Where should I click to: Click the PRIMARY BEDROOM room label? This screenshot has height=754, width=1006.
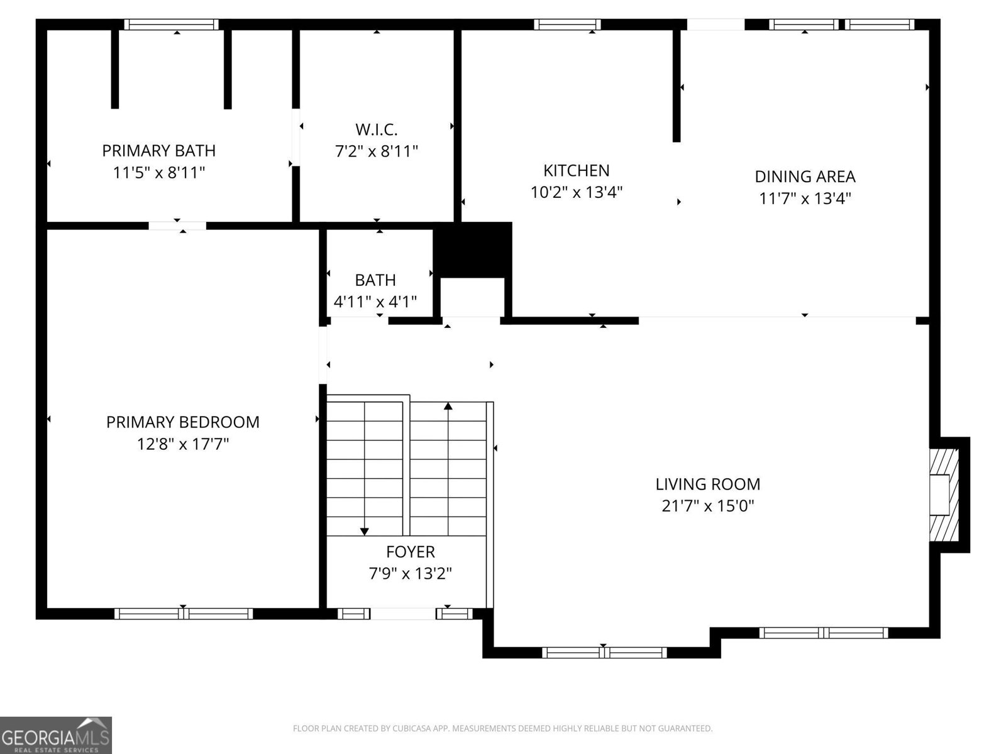[183, 422]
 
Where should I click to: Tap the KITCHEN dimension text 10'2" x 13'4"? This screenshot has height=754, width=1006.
[576, 192]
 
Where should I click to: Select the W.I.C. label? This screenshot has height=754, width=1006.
[376, 129]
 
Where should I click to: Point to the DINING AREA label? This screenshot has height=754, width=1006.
[805, 177]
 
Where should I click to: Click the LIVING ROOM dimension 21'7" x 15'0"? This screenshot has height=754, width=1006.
[707, 506]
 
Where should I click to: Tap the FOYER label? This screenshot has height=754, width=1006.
[410, 552]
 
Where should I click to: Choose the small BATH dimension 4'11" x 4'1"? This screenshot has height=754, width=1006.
[375, 302]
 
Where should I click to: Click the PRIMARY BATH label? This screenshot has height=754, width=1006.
[158, 151]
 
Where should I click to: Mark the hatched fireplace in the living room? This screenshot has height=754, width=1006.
[944, 495]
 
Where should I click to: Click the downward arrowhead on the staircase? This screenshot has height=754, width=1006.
[364, 531]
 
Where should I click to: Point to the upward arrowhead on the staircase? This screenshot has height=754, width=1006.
[448, 406]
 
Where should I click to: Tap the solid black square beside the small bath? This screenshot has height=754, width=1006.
[473, 250]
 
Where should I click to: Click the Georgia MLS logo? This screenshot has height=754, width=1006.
[56, 735]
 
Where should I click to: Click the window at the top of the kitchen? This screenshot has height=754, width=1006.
[567, 25]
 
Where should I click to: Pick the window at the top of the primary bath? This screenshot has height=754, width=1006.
[172, 25]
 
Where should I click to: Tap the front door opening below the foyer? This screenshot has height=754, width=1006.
[403, 613]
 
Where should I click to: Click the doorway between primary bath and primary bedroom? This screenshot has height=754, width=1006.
[177, 226]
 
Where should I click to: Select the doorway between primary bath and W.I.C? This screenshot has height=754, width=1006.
[296, 138]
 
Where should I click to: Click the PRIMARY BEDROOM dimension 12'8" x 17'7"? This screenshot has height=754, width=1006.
[183, 444]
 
